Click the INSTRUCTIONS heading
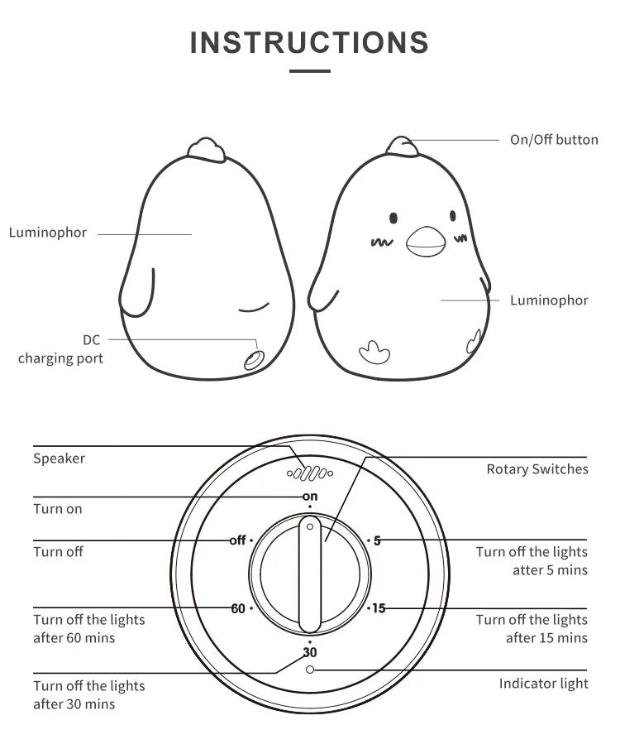click(x=309, y=42)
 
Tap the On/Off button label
click(x=554, y=140)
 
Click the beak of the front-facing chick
click(x=426, y=241)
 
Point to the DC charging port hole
click(x=252, y=359)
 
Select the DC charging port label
click(x=61, y=349)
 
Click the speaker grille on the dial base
click(x=309, y=474)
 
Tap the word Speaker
click(x=59, y=458)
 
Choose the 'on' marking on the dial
click(x=310, y=496)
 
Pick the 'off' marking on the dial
click(x=238, y=540)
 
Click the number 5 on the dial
click(x=378, y=540)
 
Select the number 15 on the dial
click(x=379, y=608)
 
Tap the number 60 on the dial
click(x=238, y=608)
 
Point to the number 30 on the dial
click(x=310, y=652)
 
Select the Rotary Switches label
click(x=537, y=469)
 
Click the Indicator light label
click(x=543, y=684)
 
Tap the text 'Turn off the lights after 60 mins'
click(x=88, y=629)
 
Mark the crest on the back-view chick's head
click(x=207, y=148)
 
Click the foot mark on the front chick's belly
click(x=374, y=351)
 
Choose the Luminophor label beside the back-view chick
click(x=48, y=233)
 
